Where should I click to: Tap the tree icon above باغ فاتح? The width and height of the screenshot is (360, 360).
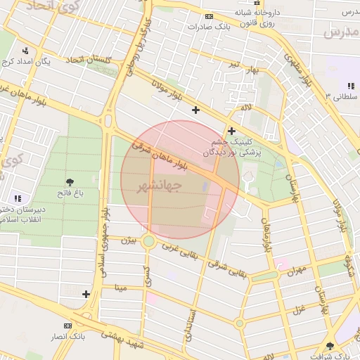(69, 182)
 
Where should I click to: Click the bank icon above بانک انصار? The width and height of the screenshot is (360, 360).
(67, 326)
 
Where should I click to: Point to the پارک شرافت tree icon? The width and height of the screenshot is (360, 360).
(330, 345)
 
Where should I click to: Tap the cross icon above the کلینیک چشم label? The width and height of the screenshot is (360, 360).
(231, 130)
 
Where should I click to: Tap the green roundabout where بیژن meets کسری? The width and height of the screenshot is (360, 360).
(148, 242)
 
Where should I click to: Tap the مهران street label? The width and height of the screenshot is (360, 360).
(297, 269)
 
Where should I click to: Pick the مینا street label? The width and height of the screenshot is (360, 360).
(121, 287)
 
